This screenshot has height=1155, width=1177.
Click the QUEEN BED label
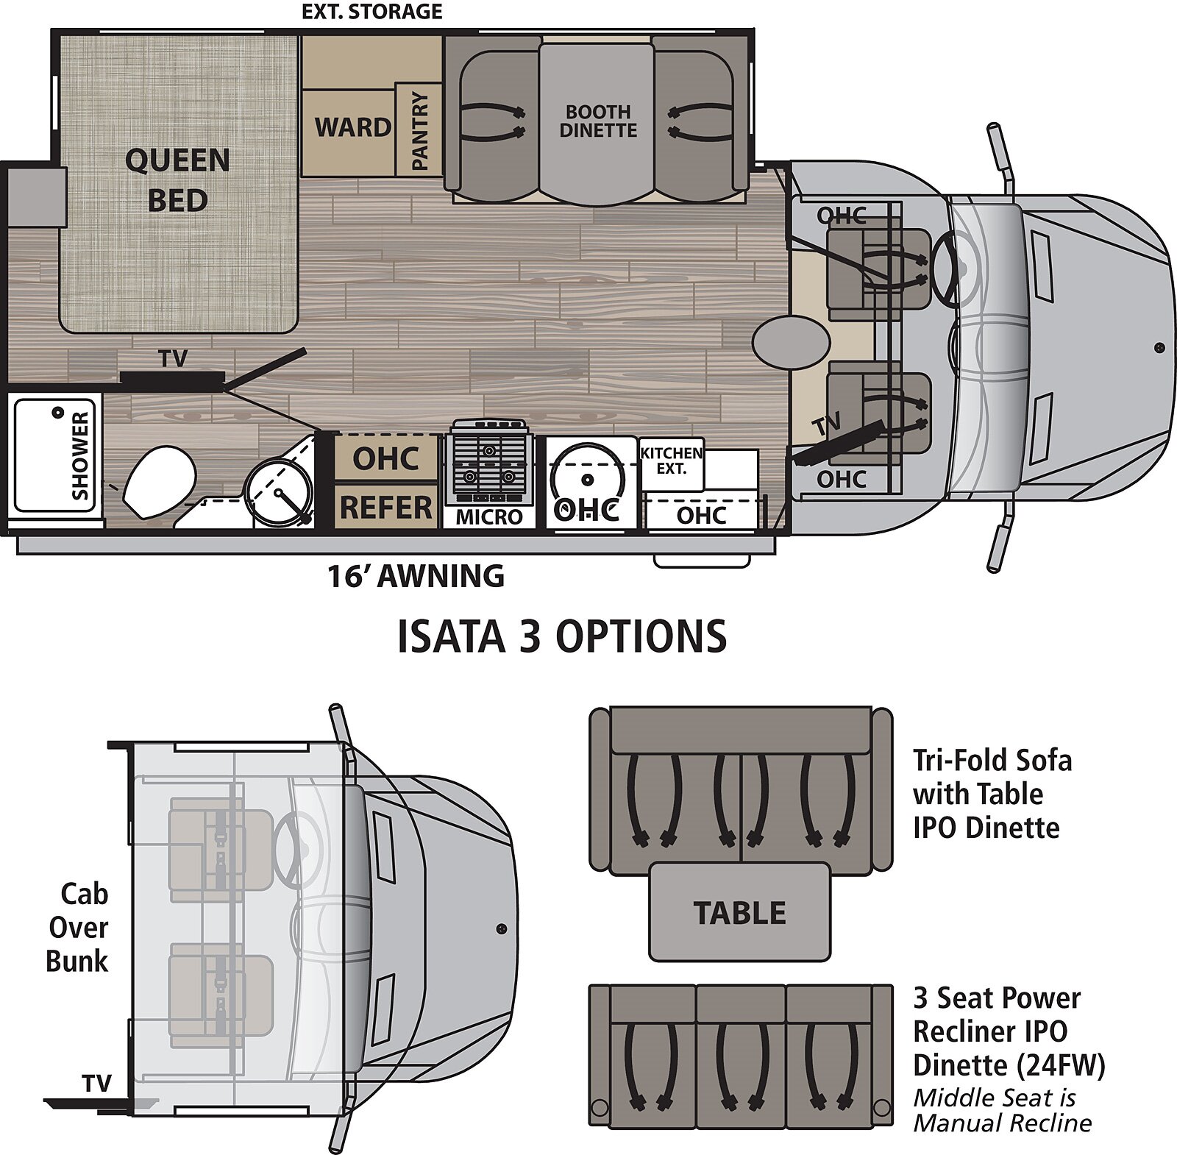(x=177, y=180)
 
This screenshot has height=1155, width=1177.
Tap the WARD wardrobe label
(x=352, y=127)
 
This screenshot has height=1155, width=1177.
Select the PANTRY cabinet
(x=419, y=131)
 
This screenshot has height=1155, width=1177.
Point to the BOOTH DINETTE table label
(x=597, y=121)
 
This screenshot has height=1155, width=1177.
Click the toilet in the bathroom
(x=159, y=482)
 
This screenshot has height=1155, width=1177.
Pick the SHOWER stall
(x=55, y=456)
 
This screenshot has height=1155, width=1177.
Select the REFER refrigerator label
(x=385, y=508)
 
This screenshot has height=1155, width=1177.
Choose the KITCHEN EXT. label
(x=671, y=461)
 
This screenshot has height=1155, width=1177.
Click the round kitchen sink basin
(x=587, y=480)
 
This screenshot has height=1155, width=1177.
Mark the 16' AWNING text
(x=416, y=576)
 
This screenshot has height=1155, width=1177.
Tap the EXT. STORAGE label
(x=372, y=12)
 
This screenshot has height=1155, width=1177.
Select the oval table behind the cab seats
(x=791, y=343)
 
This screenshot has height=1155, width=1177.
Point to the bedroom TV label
(x=174, y=359)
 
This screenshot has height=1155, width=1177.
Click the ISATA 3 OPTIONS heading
(x=562, y=636)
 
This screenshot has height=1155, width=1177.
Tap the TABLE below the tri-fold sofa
(x=739, y=912)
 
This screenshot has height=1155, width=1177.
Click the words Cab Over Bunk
(x=78, y=927)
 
